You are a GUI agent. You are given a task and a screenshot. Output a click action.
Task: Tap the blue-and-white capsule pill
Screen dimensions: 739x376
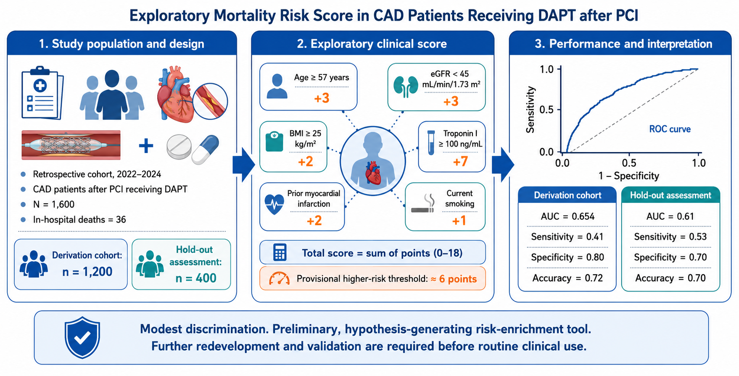point(206,149)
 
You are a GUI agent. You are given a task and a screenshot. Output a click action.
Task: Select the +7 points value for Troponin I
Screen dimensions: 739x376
point(460,161)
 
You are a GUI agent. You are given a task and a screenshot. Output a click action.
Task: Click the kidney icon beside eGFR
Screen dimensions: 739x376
point(406,87)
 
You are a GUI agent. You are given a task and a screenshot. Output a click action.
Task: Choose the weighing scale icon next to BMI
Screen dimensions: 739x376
point(274,142)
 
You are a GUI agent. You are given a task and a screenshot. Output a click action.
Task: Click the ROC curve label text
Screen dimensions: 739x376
point(670,129)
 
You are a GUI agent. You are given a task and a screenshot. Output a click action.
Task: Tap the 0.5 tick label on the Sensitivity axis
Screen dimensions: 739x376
point(546,110)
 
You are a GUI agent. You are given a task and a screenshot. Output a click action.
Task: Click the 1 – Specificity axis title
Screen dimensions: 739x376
point(629,176)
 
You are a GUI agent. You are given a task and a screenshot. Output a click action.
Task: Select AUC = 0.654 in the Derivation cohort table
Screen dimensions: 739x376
point(567,216)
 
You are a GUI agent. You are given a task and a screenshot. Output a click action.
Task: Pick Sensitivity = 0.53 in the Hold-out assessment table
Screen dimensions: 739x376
point(670,237)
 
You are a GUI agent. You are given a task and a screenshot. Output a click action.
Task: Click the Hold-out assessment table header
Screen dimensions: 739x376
point(670,195)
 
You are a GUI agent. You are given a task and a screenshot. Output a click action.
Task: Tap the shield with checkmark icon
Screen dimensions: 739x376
point(82,338)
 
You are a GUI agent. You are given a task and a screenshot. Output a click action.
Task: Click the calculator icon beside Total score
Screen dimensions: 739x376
point(280,252)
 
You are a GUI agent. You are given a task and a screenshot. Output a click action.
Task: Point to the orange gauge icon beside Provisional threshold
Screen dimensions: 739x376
point(279,279)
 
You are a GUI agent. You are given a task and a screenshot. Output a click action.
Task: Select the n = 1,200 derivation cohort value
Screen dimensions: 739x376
point(87,272)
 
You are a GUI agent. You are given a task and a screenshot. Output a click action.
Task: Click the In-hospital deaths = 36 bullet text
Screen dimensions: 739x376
point(79,220)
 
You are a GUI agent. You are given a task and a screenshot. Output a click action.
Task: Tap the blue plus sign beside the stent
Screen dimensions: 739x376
point(146,146)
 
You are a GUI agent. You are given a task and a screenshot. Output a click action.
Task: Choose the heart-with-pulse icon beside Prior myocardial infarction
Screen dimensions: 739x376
point(274,204)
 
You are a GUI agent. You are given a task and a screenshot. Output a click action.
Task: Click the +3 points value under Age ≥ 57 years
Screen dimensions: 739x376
point(322,98)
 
